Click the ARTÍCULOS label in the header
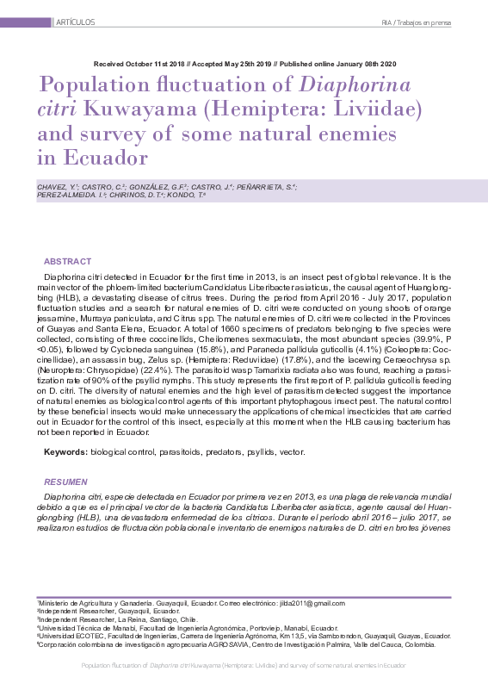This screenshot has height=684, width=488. click(x=75, y=21)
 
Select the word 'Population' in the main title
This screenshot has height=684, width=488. click(x=101, y=87)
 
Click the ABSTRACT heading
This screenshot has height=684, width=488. click(x=66, y=261)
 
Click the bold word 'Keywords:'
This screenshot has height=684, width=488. click(x=65, y=451)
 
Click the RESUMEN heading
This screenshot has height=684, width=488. click(x=66, y=482)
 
